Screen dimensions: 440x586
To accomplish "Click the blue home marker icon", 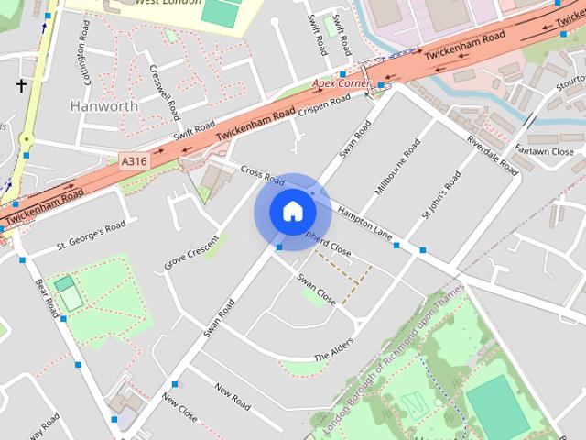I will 292,212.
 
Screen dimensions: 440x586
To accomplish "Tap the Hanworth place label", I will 104,105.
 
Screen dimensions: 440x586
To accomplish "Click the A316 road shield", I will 133,161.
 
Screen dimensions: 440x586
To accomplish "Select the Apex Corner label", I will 341,83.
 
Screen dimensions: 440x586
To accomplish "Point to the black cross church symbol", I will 21,85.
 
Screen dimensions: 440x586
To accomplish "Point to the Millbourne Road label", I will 398,167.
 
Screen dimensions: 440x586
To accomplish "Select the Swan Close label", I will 315,290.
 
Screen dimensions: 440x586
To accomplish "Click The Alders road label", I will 333,351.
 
